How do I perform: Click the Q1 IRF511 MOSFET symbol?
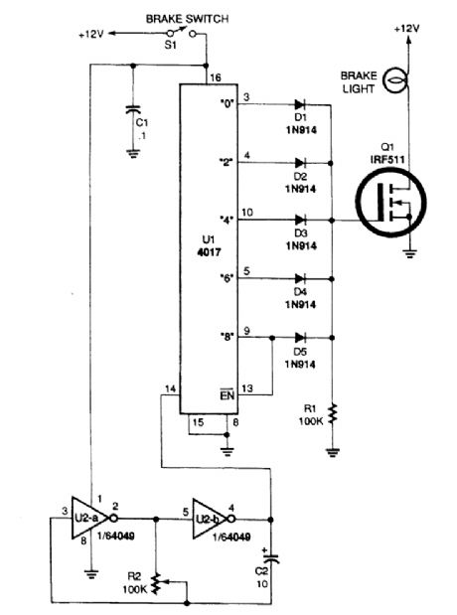click(391, 212)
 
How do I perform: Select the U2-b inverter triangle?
click(208, 518)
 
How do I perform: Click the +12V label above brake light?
click(407, 30)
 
